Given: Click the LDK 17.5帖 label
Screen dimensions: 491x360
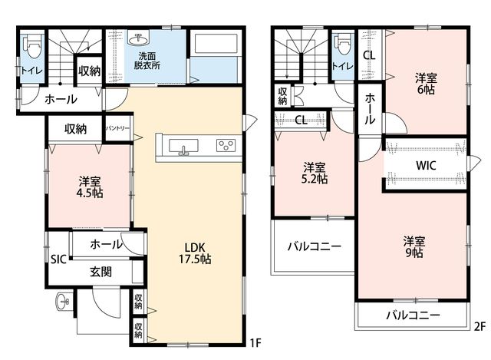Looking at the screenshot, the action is coord(195,253).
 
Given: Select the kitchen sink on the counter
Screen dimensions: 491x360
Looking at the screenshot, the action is coord(183,147).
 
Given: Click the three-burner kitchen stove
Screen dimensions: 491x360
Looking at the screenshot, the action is coord(226,146).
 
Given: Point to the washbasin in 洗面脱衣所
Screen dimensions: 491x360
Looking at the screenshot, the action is coord(138,38).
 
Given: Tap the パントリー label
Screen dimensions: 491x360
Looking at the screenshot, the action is coord(117,128).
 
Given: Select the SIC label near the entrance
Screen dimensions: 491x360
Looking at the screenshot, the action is coord(58,259).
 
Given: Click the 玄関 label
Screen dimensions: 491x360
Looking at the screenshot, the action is coord(101,272).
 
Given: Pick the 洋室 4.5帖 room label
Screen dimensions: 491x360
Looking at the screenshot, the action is coord(90,187).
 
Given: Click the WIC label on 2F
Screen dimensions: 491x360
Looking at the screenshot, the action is coord(426,166).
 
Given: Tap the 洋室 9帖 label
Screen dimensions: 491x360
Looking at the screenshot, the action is coord(414,247).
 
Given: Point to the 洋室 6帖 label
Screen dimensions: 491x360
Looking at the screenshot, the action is coord(426,84).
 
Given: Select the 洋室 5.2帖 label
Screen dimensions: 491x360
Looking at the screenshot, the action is coord(315,173).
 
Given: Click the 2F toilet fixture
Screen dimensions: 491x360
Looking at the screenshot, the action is coord(343,46).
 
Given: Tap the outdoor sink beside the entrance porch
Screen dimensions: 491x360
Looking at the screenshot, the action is coord(62,302).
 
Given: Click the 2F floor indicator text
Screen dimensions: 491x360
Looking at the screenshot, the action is coord(479,327).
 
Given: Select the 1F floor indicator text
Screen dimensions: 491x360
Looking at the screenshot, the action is coord(255,343).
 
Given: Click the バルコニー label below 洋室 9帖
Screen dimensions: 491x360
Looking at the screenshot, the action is coord(413,315).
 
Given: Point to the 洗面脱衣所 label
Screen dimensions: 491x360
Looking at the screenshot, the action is coord(147,61).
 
